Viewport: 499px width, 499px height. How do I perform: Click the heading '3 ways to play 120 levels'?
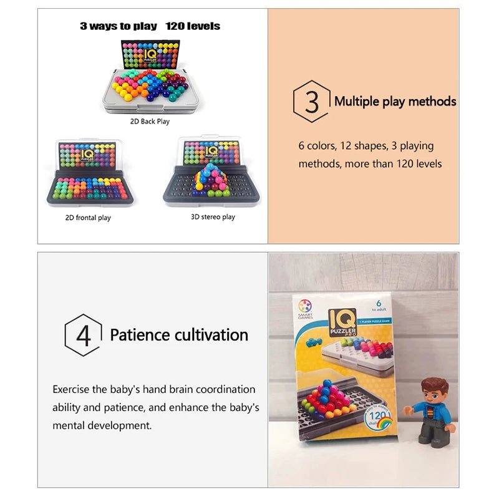(x=150, y=26)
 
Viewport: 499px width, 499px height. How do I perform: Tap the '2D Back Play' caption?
(x=150, y=122)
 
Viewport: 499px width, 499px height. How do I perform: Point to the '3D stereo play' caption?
(x=213, y=217)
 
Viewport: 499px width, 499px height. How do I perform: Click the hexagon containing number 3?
(x=311, y=101)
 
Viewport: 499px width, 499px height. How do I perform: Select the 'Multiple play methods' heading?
(x=395, y=101)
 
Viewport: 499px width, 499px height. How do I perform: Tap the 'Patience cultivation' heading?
(x=179, y=335)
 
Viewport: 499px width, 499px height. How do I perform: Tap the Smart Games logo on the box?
(x=306, y=306)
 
